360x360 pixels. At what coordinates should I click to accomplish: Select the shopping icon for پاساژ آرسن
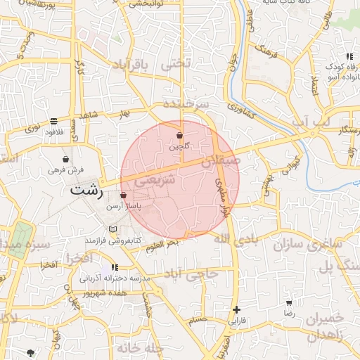[x=124, y=195]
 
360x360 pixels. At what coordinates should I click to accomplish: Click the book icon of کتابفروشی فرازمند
[x=113, y=229]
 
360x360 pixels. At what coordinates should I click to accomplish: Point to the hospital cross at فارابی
[x=237, y=309]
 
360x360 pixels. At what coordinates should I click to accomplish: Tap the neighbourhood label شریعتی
[x=151, y=181]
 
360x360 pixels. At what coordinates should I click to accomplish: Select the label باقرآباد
[x=131, y=66]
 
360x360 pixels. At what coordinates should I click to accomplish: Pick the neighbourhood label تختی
[x=176, y=64]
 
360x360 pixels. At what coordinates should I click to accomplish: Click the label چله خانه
[x=140, y=348]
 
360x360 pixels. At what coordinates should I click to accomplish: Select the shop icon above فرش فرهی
[x=66, y=159]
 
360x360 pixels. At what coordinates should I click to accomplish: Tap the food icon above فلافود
[x=54, y=121]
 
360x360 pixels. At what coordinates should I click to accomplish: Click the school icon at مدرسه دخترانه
[x=115, y=268]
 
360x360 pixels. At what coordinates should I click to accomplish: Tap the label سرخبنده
[x=186, y=103]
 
